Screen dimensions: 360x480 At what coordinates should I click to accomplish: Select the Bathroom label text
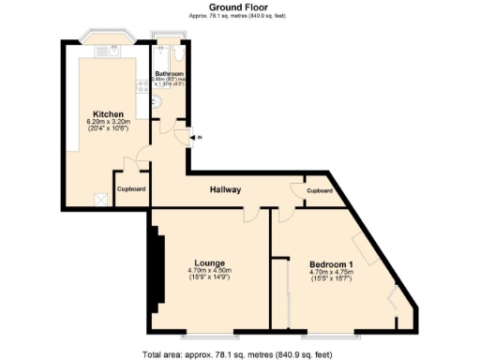pyautogui.click(x=170, y=73)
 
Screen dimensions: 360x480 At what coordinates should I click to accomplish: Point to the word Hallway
pyautogui.click(x=226, y=190)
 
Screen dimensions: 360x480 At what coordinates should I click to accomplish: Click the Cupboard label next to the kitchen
pyautogui.click(x=131, y=188)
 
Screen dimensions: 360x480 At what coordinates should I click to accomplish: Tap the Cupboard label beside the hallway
pyautogui.click(x=320, y=190)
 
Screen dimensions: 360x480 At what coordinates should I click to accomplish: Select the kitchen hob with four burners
pyautogui.click(x=142, y=86)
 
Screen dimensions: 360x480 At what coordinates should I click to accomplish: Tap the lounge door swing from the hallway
pyautogui.click(x=251, y=214)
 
